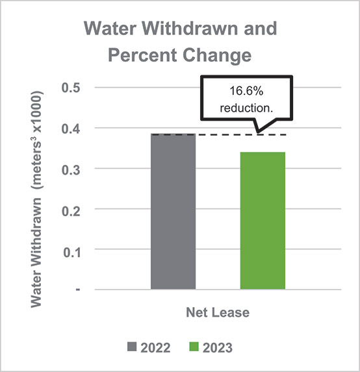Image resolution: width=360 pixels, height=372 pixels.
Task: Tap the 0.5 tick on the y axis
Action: point(70,88)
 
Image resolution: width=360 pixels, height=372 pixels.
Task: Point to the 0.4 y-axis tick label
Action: point(70,128)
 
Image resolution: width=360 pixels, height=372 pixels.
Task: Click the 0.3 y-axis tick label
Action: point(70,169)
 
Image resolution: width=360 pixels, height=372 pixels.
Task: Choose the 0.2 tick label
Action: point(70,209)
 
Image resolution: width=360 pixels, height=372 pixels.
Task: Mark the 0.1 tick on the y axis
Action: point(70,249)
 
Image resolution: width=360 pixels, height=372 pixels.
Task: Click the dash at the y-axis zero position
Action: point(76,290)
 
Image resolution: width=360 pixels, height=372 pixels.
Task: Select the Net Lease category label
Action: point(218,312)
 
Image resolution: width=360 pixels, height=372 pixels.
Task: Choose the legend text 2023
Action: point(218,348)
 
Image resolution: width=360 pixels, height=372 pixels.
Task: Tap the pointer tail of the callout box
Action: point(260,126)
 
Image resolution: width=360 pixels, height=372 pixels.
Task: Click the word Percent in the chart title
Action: point(148,55)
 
